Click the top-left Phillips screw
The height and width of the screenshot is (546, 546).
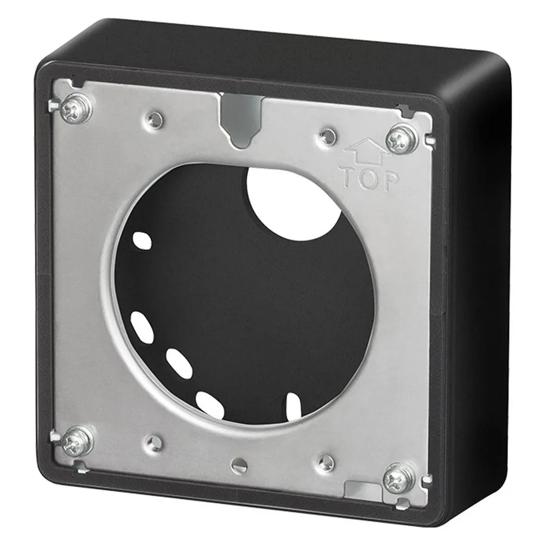tap(76, 109)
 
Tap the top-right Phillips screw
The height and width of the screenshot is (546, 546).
tap(402, 138)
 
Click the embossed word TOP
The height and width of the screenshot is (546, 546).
tap(370, 180)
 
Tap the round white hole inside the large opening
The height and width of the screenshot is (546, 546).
tap(293, 203)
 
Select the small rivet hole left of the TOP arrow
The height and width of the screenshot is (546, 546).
tap(328, 136)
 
